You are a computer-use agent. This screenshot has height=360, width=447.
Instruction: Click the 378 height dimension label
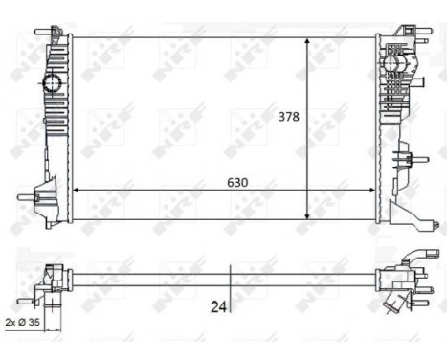pyautogui.click(x=288, y=118)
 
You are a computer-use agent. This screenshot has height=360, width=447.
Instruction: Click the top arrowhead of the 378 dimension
pyautogui.click(x=306, y=42)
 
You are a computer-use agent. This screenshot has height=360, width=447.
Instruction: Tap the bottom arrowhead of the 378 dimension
pyautogui.click(x=306, y=216)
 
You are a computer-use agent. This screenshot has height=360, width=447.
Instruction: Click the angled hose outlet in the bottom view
pyautogui.click(x=392, y=303)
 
